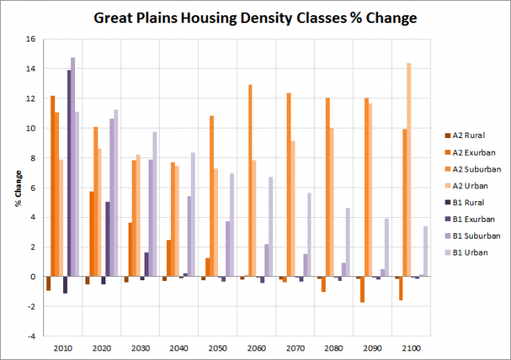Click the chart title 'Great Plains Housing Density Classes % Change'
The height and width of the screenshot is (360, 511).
pyautogui.click(x=255, y=17)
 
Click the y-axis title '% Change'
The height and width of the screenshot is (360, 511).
pyautogui.click(x=17, y=188)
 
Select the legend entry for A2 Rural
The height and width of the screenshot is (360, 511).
pyautogui.click(x=464, y=135)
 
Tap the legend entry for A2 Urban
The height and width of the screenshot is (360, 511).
pyautogui.click(x=464, y=185)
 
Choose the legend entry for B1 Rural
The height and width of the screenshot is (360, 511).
pyautogui.click(x=464, y=202)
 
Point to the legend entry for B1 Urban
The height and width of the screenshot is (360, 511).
pyautogui.click(x=464, y=252)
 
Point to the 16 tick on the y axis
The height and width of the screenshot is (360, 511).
pyautogui.click(x=30, y=39)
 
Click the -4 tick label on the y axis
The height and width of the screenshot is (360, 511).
pyautogui.click(x=30, y=336)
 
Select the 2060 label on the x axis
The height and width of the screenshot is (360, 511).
pyautogui.click(x=256, y=349)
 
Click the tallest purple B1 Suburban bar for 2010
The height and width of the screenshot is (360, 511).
pyautogui.click(x=73, y=167)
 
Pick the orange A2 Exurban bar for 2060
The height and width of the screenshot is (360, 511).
pyautogui.click(x=249, y=180)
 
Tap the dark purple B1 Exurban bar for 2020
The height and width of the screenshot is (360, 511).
pyautogui.click(x=108, y=239)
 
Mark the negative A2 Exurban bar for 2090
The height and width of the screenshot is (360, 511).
pyautogui.click(x=362, y=289)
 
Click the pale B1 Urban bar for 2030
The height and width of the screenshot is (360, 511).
pyautogui.click(x=155, y=204)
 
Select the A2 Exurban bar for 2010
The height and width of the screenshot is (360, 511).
pyautogui.click(x=53, y=186)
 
